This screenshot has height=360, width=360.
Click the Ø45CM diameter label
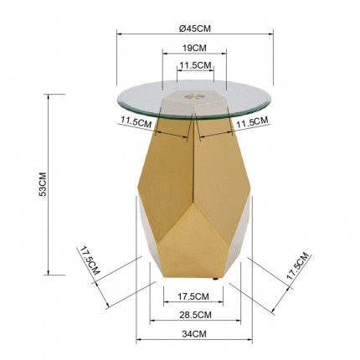pos(194,27)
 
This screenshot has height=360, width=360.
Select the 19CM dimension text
pos(194,49)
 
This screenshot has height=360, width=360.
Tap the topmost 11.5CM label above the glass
pos(194,65)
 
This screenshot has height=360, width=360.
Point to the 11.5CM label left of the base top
pos(136,122)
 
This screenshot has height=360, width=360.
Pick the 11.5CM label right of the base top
pos(251,122)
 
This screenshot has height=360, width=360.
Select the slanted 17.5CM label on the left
pos(90,261)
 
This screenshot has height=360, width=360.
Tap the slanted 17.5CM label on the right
pos(297,270)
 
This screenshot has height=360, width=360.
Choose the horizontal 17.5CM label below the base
pos(193,296)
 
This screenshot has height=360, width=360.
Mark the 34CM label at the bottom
pos(193,334)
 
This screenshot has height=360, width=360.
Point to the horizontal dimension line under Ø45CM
pos(195,34)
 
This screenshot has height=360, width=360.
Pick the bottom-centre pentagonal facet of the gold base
pos(193,247)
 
